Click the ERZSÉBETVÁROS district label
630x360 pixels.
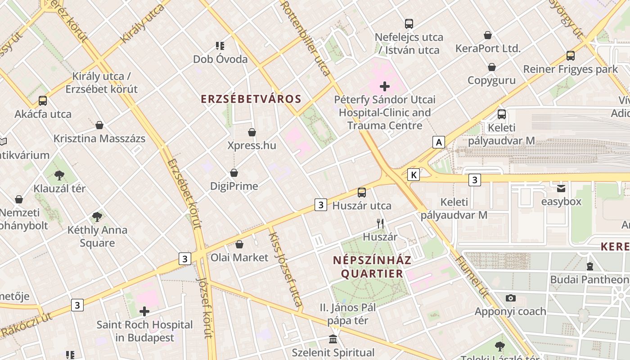[x=251, y=99]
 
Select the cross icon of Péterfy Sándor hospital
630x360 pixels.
[x=385, y=86]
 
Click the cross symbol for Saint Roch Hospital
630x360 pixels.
[x=144, y=311]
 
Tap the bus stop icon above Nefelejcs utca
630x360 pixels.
[x=409, y=24]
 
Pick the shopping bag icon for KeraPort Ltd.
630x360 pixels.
[x=487, y=35]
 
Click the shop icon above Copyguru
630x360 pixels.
[x=492, y=67]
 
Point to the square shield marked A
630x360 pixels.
[x=438, y=143]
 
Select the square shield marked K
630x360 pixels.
[x=413, y=175]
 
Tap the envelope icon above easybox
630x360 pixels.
[x=561, y=189]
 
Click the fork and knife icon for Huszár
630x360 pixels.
[x=380, y=223]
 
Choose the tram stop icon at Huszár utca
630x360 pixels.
[x=361, y=193]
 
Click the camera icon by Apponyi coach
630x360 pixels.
[x=510, y=298]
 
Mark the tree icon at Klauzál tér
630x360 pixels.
[x=59, y=175]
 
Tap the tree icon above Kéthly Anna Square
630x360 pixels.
[x=97, y=217]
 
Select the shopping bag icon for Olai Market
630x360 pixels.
[x=239, y=244]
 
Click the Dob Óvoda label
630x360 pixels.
[x=220, y=59]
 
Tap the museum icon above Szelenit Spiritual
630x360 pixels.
[x=333, y=339]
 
